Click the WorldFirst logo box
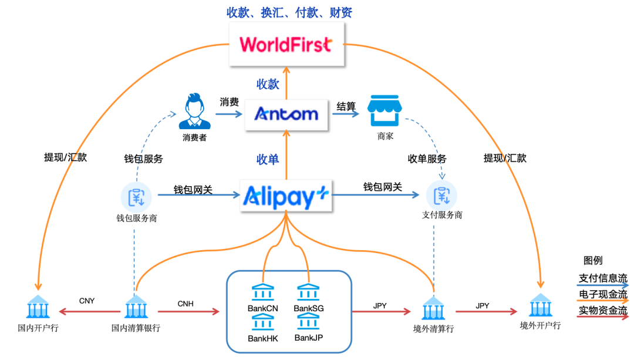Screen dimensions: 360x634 (286, 45)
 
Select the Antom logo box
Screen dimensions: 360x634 (286, 114)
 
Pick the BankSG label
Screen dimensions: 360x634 (309, 308)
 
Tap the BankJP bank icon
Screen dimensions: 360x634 (309, 321)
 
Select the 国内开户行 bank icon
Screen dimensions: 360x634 (38, 307)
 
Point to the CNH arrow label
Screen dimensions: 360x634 (186, 304)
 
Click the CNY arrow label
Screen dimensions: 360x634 (87, 301)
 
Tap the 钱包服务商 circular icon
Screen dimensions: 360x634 (136, 196)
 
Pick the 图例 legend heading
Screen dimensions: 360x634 (593, 261)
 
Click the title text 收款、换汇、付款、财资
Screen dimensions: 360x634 (289, 12)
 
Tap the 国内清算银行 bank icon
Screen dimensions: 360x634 (136, 307)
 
